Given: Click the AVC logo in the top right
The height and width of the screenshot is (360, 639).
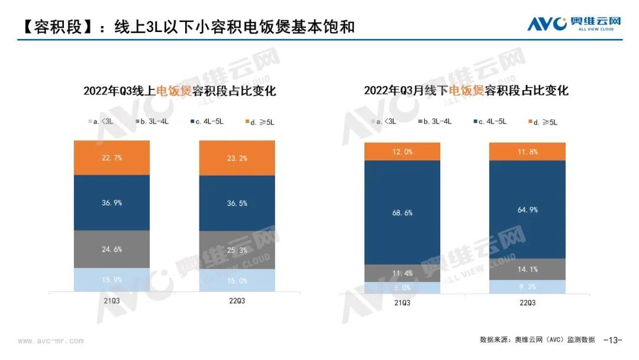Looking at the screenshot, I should point(574,23).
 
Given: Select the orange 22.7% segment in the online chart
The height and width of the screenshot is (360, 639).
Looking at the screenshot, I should point(112,157).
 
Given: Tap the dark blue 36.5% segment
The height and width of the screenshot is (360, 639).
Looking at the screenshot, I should point(237,202).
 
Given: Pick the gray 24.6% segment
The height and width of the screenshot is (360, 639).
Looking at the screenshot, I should point(112,249).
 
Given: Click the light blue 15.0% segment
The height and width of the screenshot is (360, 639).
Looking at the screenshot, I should point(237,280).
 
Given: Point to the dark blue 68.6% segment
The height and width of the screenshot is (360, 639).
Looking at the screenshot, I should point(402,213).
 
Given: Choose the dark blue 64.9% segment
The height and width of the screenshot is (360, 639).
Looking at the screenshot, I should point(527,210).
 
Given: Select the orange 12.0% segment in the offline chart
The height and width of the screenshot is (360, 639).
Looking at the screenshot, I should point(402,152).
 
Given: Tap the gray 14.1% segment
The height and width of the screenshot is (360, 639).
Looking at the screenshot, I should point(527,269).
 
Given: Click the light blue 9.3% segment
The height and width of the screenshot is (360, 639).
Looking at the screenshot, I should point(527,287).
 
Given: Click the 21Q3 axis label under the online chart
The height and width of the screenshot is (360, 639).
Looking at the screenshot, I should point(112,301).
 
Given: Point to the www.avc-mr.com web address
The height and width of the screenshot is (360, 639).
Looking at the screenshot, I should point(51,341).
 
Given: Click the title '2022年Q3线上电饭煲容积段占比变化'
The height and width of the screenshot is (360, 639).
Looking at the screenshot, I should point(180,91).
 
